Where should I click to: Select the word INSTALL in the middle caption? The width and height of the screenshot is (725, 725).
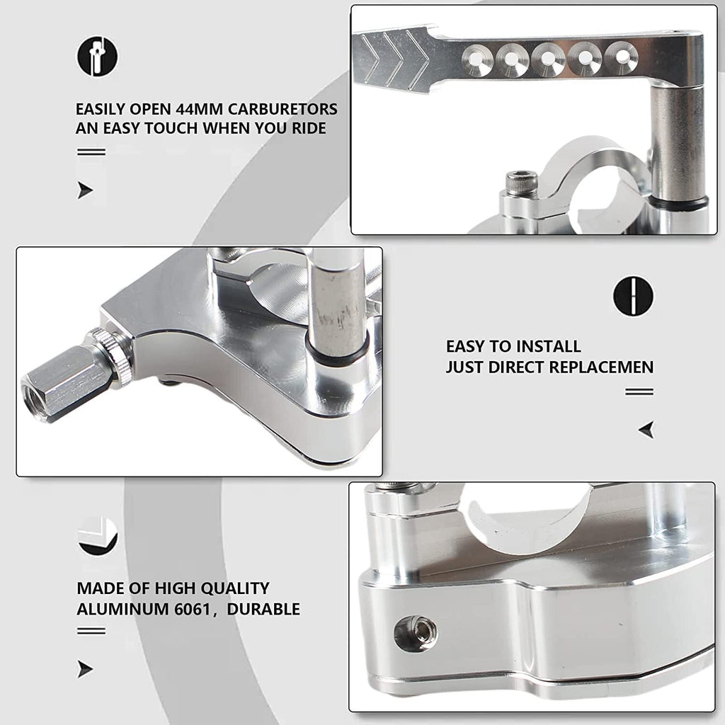(x=549, y=346)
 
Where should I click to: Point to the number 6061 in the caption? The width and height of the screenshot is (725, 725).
(x=192, y=609)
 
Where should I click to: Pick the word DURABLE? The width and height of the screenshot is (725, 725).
(x=263, y=609)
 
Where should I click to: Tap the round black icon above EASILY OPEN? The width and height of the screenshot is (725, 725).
(x=97, y=56)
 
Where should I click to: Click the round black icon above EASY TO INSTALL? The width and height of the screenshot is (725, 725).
(x=633, y=297)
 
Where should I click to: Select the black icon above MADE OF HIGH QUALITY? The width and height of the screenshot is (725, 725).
(x=97, y=537)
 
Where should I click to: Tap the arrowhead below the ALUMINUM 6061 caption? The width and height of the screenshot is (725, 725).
(x=85, y=669)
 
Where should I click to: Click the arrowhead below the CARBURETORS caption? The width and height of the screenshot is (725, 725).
(x=85, y=190)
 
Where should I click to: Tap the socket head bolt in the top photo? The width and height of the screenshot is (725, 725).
(x=522, y=183)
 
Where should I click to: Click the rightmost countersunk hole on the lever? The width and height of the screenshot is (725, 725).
(x=622, y=57)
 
